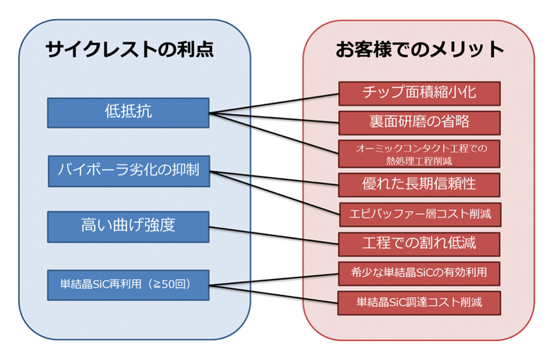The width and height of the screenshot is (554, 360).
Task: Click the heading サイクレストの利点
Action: pyautogui.click(x=130, y=49)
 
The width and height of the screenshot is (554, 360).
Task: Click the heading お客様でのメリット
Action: pyautogui.click(x=420, y=49)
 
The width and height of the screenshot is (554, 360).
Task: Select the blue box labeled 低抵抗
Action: pyautogui.click(x=129, y=112)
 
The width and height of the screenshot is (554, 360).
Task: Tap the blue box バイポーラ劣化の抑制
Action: pyautogui.click(x=129, y=171)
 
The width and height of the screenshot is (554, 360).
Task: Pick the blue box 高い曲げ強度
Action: pyautogui.click(x=129, y=227)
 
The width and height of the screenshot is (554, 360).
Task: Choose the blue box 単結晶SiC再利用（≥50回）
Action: pyautogui.click(x=129, y=285)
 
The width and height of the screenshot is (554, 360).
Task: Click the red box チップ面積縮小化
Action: pyautogui.click(x=419, y=94)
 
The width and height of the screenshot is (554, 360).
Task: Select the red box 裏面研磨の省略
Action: pyautogui.click(x=419, y=123)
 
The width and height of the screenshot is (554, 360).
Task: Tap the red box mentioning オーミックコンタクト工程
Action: pyautogui.click(x=419, y=153)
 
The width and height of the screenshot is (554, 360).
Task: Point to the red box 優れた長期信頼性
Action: pyautogui.click(x=419, y=185)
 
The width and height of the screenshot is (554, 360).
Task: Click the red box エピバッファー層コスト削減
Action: pyautogui.click(x=420, y=214)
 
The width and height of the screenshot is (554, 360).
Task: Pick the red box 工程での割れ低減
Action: pyautogui.click(x=419, y=244)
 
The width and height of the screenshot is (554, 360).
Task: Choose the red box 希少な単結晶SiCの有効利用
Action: pyautogui.click(x=419, y=274)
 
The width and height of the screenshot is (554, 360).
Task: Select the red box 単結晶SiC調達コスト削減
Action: pyautogui.click(x=419, y=303)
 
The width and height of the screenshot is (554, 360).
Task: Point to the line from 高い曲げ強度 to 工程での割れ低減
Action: pyautogui.click(x=274, y=235)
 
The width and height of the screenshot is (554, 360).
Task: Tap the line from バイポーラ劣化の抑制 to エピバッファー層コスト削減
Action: pyautogui.click(x=275, y=193)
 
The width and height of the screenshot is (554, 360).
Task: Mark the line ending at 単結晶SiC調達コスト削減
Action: pyautogui.click(x=274, y=294)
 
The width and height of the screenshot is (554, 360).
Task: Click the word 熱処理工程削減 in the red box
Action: pyautogui.click(x=419, y=161)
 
